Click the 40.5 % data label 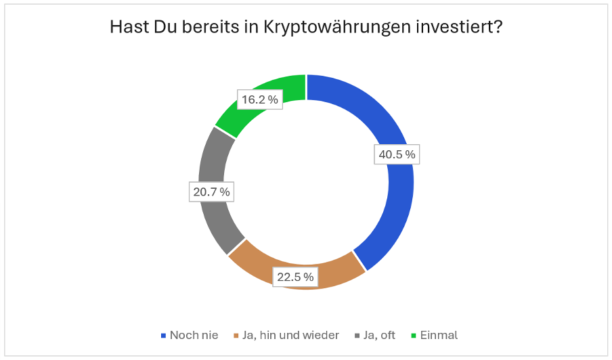(x=397, y=154)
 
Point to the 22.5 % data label (x=294, y=276)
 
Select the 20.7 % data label (x=211, y=192)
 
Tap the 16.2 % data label (x=259, y=99)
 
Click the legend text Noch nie (x=194, y=335)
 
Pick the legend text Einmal (x=439, y=335)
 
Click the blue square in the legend (x=162, y=335)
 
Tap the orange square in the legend (x=235, y=335)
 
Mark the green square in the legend (x=414, y=335)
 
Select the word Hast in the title (x=127, y=28)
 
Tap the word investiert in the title (x=462, y=28)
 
